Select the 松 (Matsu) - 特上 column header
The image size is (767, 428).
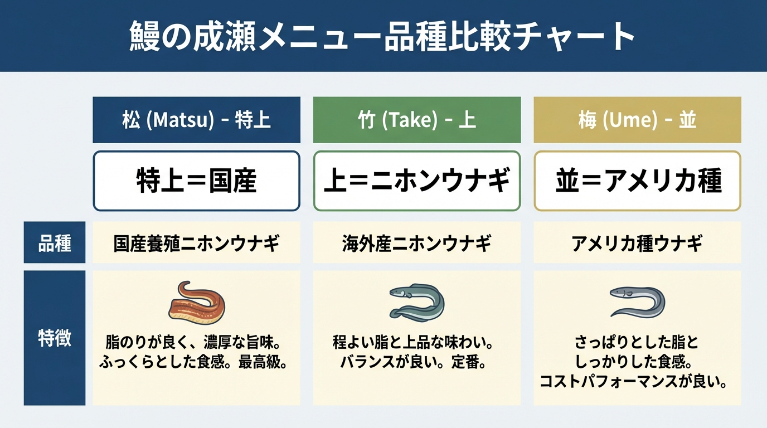pos(196,120)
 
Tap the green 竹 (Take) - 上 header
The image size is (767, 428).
pos(417,120)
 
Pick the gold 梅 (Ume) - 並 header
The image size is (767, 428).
pos(637,120)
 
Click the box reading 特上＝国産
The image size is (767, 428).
pos(196,181)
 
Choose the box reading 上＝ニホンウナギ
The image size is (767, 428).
pos(417,181)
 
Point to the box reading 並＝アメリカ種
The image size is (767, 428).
pos(637,181)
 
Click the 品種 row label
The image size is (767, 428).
pos(54,243)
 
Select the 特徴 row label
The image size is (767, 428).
pos(54,338)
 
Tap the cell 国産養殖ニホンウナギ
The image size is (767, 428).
pos(196,243)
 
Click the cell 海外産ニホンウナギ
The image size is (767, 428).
pos(417,243)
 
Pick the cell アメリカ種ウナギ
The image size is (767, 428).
pos(637,243)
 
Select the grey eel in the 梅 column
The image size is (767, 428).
pos(637,301)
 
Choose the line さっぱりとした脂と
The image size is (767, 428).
pos(637,342)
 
